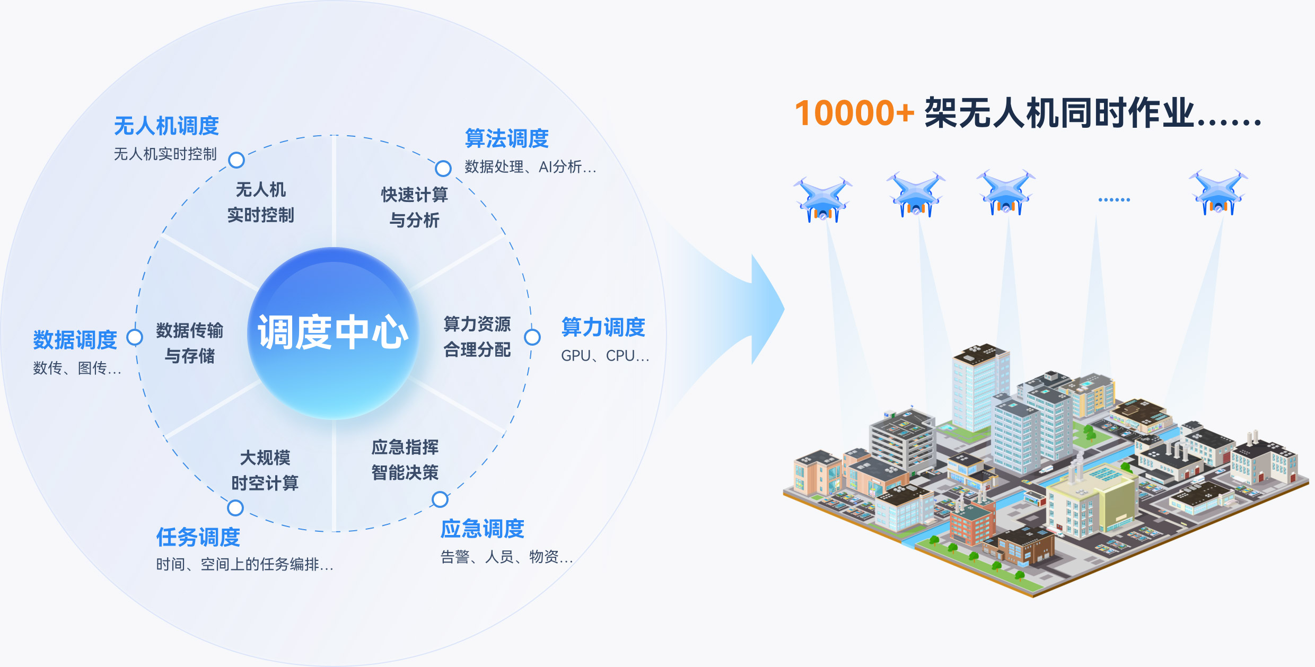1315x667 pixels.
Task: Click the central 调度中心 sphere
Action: pyautogui.click(x=333, y=333)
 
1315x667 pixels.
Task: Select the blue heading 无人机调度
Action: pyautogui.click(x=166, y=126)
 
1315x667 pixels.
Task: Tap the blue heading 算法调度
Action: pyautogui.click(x=506, y=139)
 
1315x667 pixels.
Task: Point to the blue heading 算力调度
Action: pyautogui.click(x=603, y=327)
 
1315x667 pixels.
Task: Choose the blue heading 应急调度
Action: pyautogui.click(x=482, y=529)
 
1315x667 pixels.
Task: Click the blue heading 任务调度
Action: pyautogui.click(x=198, y=538)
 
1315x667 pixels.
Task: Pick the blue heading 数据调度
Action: pyautogui.click(x=75, y=340)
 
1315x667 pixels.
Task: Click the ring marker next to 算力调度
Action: pyautogui.click(x=532, y=337)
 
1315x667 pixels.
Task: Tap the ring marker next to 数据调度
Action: pyautogui.click(x=135, y=337)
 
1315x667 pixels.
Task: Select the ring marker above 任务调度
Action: pyautogui.click(x=235, y=508)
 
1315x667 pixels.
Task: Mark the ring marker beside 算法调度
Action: pyautogui.click(x=443, y=169)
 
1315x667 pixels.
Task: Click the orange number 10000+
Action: pyautogui.click(x=854, y=113)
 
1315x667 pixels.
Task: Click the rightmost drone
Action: pyautogui.click(x=1218, y=191)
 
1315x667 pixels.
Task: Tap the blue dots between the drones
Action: pyautogui.click(x=1114, y=200)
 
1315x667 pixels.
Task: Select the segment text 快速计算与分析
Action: pyautogui.click(x=414, y=207)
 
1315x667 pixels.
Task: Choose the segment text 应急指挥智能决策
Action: pyautogui.click(x=405, y=460)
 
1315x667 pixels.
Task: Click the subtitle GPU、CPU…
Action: pyautogui.click(x=605, y=356)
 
